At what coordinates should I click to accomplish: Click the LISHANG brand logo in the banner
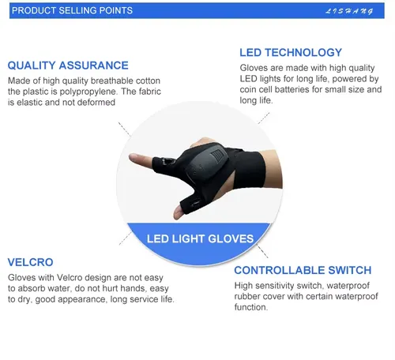349,11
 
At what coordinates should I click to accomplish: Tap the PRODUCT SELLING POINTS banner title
72,10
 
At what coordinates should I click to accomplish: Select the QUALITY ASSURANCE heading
68,66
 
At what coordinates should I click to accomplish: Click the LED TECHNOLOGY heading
291,52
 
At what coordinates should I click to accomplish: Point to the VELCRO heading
31,262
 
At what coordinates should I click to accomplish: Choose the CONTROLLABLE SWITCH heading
303,270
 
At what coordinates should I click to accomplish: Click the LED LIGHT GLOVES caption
200,238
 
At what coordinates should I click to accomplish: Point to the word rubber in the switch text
246,296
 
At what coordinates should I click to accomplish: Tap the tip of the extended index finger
130,157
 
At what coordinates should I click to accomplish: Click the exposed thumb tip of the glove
176,216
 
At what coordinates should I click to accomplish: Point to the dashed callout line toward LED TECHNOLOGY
264,118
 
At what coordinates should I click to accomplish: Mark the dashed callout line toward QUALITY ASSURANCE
124,129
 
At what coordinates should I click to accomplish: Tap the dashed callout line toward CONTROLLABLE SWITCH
262,252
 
